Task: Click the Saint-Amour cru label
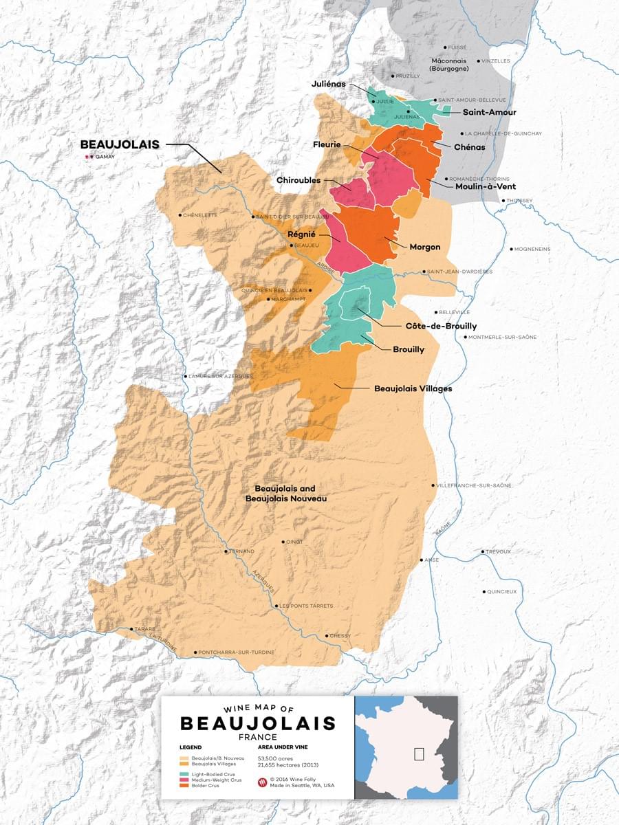(489, 112)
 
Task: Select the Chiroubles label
(298, 180)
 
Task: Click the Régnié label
(302, 234)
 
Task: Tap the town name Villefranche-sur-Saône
(475, 485)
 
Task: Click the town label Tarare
(145, 629)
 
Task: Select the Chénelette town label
(200, 215)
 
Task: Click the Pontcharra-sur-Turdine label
(236, 652)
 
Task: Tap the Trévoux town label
(498, 551)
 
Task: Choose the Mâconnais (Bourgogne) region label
(448, 65)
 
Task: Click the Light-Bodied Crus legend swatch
(184, 774)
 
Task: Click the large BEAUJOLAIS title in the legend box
(258, 723)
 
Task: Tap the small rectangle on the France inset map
(419, 753)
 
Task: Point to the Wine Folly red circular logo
(262, 782)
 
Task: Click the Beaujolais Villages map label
(413, 388)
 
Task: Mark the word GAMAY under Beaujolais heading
(105, 157)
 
